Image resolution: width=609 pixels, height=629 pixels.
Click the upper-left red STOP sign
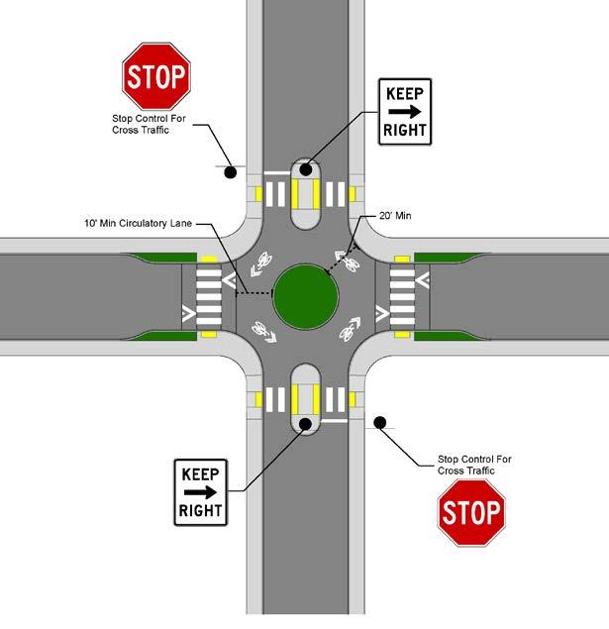[x=155, y=75]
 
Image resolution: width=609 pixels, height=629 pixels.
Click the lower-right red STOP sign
[x=471, y=513]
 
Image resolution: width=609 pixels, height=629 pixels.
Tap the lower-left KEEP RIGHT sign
[x=201, y=492]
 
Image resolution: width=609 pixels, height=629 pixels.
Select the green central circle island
[x=306, y=294]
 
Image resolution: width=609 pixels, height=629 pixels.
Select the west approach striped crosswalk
[x=209, y=294]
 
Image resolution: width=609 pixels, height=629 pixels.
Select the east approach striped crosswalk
[x=403, y=294]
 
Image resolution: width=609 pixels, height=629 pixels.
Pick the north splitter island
[x=306, y=193]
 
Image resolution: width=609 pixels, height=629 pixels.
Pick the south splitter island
[x=306, y=395]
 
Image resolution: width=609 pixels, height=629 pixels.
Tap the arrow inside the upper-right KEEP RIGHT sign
[x=405, y=114]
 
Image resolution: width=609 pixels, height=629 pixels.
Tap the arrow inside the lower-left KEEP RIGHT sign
[x=200, y=492]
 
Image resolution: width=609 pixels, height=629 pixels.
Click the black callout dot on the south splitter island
[x=305, y=424]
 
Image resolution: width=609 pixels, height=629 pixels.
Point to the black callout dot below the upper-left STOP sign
[x=230, y=172]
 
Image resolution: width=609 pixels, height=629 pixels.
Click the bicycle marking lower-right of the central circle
[x=350, y=324]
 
